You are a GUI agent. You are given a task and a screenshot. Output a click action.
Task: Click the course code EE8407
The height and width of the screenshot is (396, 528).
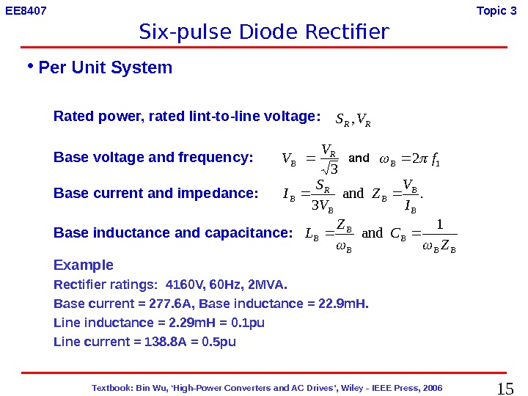pyautogui.click(x=26, y=10)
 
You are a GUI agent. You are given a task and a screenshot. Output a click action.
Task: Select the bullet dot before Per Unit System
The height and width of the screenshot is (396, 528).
pyautogui.click(x=30, y=65)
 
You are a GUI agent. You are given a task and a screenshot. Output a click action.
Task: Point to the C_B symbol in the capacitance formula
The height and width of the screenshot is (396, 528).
pyautogui.click(x=400, y=234)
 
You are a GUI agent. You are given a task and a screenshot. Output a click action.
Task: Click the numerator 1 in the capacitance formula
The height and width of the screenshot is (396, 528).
pyautogui.click(x=440, y=223)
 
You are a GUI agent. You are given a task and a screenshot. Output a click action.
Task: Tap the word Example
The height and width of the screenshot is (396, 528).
pyautogui.click(x=84, y=265)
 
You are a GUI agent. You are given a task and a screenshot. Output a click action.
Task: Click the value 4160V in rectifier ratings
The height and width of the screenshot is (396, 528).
pyautogui.click(x=186, y=285)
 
